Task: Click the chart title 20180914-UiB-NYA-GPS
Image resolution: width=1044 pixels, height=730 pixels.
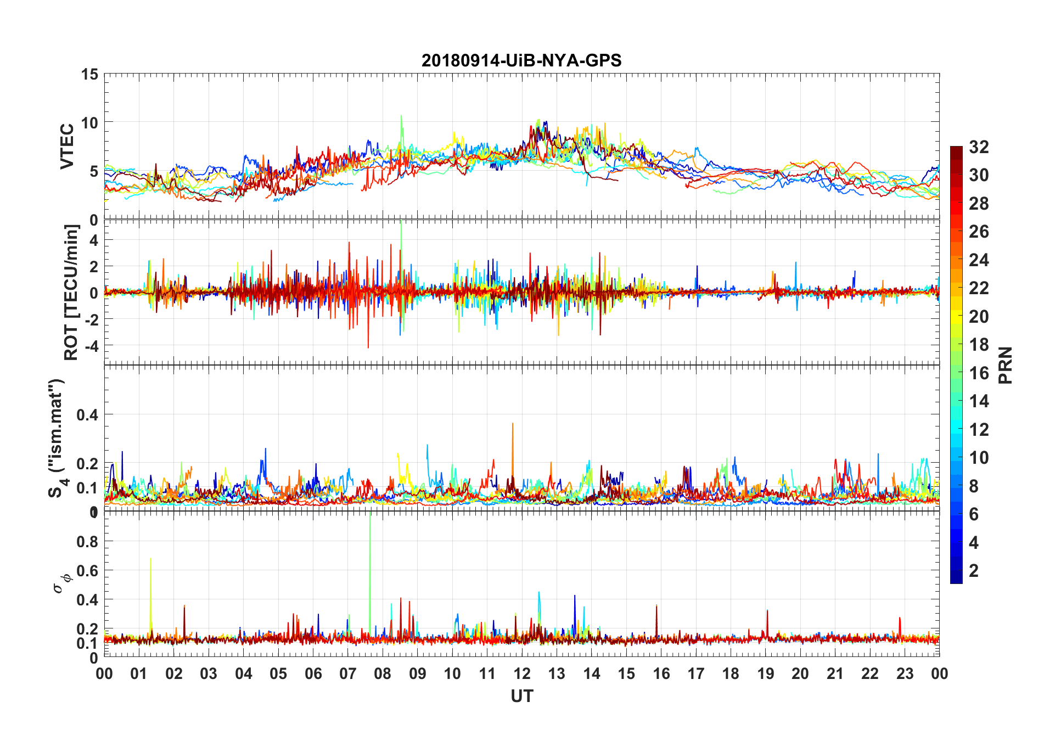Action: point(521,60)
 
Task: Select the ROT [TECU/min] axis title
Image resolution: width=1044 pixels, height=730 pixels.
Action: point(71,292)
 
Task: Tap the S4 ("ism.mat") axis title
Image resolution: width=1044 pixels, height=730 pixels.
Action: point(57,438)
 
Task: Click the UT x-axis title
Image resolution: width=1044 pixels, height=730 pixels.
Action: point(521,697)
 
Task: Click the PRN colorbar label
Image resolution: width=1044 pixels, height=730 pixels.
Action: point(1005,365)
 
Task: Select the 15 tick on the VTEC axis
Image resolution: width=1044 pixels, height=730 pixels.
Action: point(89,74)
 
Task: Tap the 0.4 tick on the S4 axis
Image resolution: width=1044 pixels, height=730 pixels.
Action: point(87,415)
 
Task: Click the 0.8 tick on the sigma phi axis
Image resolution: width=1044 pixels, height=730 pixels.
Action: point(87,542)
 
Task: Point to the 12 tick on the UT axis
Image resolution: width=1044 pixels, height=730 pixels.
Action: point(522,673)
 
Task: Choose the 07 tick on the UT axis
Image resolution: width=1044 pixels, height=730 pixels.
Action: point(348,673)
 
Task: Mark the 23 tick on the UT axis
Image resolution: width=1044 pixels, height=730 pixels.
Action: point(905,673)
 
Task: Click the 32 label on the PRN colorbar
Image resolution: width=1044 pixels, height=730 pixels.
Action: point(979,147)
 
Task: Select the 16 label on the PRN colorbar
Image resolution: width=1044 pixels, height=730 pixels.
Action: point(979,373)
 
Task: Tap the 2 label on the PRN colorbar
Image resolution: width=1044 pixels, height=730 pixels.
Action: point(974,571)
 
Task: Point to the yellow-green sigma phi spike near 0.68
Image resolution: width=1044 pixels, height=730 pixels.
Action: point(150,559)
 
